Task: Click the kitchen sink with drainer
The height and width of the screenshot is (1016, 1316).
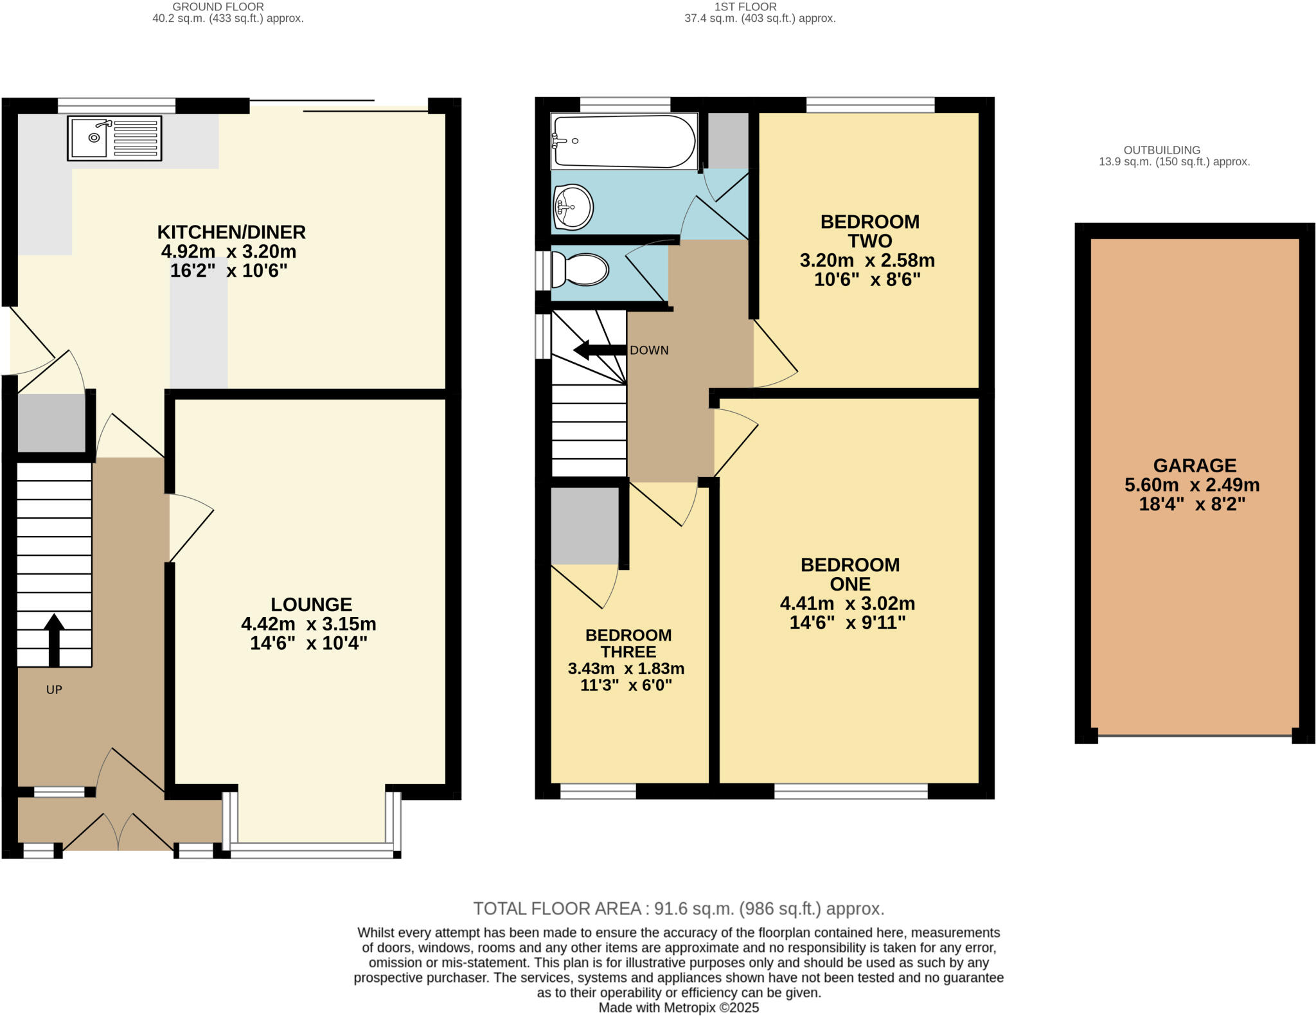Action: (114, 138)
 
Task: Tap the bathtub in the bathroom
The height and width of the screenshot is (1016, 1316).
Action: (623, 141)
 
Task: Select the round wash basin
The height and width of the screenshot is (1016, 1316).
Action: (573, 207)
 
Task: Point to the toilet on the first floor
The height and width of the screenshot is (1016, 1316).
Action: (580, 269)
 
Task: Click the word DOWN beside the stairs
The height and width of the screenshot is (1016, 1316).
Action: (649, 350)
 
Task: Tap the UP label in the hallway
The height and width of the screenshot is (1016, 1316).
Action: (54, 690)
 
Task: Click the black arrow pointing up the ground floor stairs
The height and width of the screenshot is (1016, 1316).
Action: (54, 639)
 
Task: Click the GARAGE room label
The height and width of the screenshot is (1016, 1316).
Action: (1195, 465)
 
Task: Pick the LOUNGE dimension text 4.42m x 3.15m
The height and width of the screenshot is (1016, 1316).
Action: (308, 624)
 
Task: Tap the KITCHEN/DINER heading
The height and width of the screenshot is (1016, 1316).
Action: (231, 231)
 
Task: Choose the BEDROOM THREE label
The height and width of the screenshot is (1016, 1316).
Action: (628, 643)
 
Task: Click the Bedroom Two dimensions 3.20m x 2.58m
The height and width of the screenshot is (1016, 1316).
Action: (867, 260)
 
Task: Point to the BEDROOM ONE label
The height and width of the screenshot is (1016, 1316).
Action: (849, 574)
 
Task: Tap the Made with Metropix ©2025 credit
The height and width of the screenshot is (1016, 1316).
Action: (679, 1008)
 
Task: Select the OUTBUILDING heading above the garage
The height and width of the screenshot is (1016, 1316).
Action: (1162, 150)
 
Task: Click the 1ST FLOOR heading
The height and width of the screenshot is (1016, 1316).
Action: (745, 6)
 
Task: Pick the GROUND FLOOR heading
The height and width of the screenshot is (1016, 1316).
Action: (218, 6)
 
